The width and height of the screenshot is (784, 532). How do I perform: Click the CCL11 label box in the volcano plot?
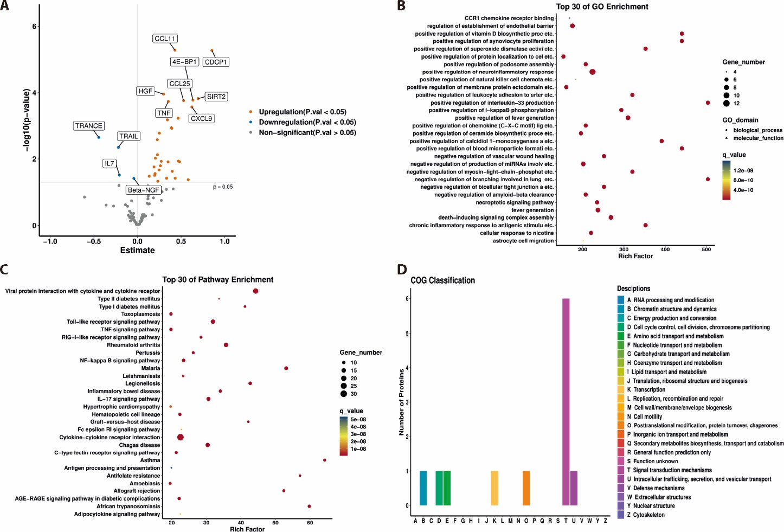(x=165, y=39)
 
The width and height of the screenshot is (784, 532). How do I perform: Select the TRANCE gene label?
(x=89, y=126)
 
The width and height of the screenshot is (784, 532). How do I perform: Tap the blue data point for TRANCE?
(x=99, y=137)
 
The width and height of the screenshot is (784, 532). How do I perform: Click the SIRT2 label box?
(x=216, y=97)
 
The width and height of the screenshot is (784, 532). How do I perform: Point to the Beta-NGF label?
(x=144, y=190)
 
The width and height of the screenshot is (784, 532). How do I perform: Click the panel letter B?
(x=401, y=6)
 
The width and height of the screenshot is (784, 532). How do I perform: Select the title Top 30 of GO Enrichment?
(x=602, y=7)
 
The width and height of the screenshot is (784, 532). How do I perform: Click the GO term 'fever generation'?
(x=532, y=210)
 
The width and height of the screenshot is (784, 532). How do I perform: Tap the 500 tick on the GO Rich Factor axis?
(x=706, y=249)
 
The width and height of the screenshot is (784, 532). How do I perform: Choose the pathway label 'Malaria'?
(x=151, y=368)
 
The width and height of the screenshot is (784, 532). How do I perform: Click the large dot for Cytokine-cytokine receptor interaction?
(x=180, y=437)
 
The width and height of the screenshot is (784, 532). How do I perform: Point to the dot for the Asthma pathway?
(x=324, y=460)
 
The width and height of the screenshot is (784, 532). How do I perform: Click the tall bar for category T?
(x=565, y=401)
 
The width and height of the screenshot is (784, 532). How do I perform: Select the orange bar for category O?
(x=526, y=488)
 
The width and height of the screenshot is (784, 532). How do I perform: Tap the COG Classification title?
(x=442, y=280)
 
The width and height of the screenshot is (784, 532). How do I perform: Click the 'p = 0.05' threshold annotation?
(x=223, y=187)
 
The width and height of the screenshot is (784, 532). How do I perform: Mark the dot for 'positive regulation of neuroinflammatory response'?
(x=592, y=72)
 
